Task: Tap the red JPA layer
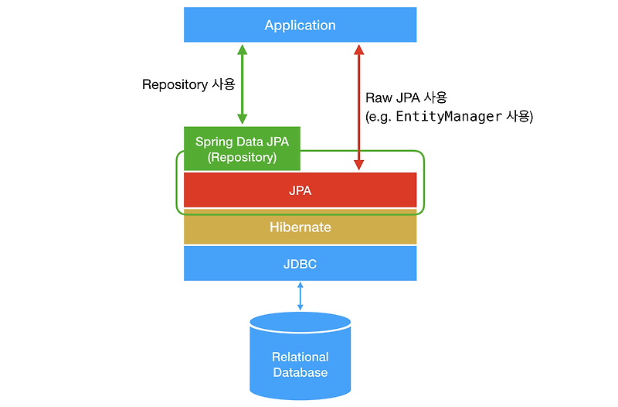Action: click(x=300, y=190)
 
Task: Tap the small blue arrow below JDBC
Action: click(x=300, y=296)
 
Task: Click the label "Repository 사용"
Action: click(x=188, y=84)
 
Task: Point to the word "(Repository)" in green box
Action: click(x=241, y=157)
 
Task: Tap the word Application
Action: click(x=300, y=25)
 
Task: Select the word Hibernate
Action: click(x=300, y=227)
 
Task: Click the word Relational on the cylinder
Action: click(x=300, y=357)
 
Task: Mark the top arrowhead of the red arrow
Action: click(x=358, y=49)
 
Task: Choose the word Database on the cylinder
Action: click(x=300, y=372)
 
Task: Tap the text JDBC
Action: click(x=300, y=264)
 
